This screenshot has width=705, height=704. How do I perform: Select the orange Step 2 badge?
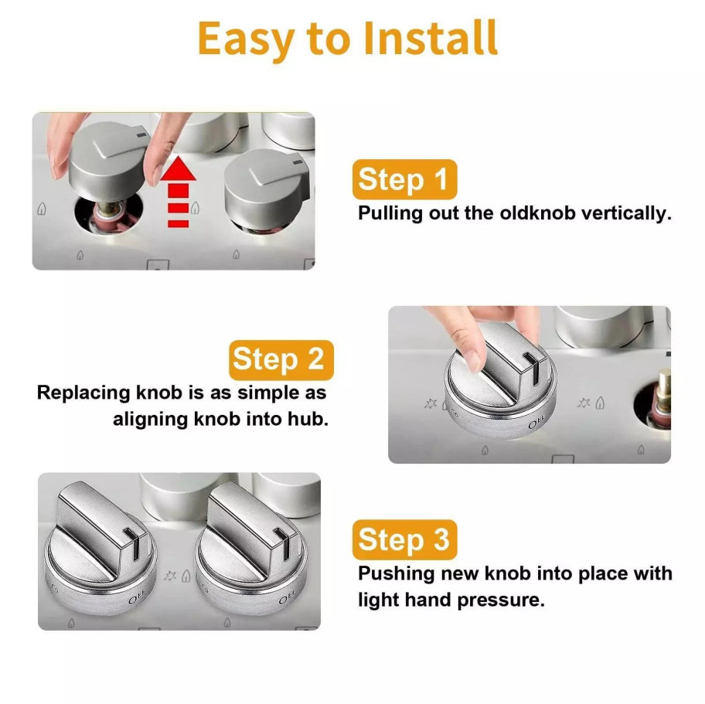tap(281, 359)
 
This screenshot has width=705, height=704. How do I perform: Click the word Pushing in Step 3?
tap(393, 574)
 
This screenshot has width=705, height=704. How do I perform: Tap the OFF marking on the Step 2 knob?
tap(538, 424)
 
